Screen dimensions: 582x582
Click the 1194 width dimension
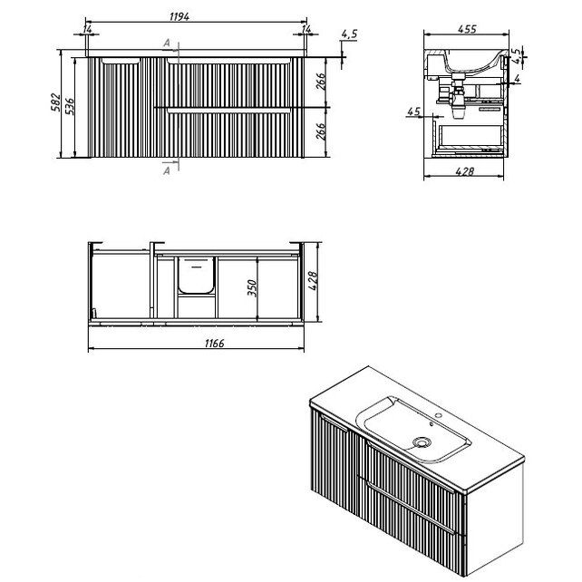click(x=179, y=16)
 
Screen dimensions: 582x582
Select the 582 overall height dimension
click(x=55, y=102)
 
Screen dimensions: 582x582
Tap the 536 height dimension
click(x=70, y=107)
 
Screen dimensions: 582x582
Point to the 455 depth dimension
click(x=467, y=29)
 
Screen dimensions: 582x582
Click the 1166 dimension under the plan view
click(x=215, y=344)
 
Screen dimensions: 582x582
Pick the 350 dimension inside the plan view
click(x=252, y=288)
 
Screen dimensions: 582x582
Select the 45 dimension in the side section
click(x=414, y=112)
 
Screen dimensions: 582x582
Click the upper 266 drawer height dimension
click(x=321, y=82)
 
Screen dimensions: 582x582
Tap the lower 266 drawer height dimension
click(x=321, y=131)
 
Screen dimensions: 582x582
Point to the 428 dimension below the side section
click(x=465, y=171)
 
